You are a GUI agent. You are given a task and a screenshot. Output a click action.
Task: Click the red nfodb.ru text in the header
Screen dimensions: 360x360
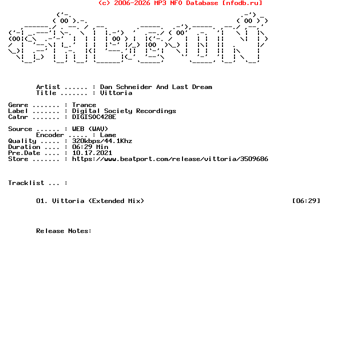pos(242,3)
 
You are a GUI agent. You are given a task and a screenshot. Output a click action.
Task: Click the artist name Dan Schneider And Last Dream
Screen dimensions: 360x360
pos(156,87)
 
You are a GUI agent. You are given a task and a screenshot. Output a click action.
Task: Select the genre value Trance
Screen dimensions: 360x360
pos(84,105)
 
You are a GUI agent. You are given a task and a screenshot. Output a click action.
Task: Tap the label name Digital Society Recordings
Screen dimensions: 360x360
pos(124,111)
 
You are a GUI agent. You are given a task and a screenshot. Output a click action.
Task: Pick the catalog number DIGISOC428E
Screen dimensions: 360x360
pos(94,117)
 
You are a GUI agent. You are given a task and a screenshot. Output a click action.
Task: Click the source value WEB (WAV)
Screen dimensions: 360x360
pos(90,129)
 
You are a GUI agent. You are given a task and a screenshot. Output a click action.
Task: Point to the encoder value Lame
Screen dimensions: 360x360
pos(108,135)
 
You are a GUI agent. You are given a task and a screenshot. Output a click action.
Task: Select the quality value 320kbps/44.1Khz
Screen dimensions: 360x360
pos(102,141)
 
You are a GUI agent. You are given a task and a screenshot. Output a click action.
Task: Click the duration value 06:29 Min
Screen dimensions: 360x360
pos(90,147)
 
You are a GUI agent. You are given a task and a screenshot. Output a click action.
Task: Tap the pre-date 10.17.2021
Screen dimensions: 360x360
pos(92,153)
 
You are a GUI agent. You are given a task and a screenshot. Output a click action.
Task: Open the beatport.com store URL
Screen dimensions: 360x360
pos(170,159)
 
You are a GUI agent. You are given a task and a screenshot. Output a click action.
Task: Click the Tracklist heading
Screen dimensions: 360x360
pos(26,183)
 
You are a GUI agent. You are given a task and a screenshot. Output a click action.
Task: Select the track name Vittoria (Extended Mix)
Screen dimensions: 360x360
pos(98,201)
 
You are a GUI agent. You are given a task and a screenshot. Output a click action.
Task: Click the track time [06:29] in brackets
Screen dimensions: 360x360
pos(306,201)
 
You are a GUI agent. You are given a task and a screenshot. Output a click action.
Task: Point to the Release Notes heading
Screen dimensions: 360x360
pos(64,231)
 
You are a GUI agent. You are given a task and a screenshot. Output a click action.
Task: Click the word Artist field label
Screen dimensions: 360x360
pos(48,87)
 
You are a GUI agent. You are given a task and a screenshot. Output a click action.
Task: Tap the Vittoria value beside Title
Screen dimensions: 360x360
pos(116,93)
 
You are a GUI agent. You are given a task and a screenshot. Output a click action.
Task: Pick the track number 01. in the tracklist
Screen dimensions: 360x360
pos(42,201)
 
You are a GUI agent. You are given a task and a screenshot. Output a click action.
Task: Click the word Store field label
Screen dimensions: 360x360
pos(18,159)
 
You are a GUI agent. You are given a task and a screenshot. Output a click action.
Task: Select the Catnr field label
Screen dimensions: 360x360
pos(18,117)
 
